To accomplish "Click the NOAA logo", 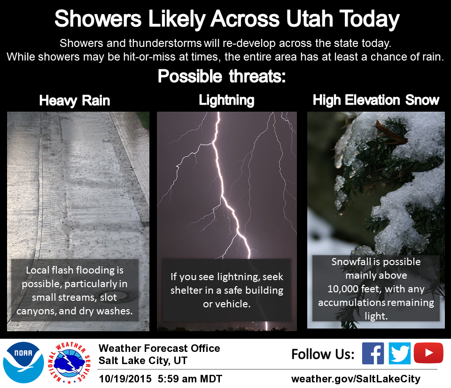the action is pos(23,363).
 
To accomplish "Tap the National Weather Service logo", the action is pos(70,363).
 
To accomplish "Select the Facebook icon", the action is pos(373,353).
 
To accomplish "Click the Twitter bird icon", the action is pos(399,353).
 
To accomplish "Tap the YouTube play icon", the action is pos(428,353).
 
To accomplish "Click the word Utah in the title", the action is pos(310,19).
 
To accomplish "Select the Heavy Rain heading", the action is pos(75,101).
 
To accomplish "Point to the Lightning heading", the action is pos(226,100).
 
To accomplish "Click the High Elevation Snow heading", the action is pos(376,100).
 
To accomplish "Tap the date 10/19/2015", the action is pos(125,379).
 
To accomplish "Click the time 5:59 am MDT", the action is pos(190,379).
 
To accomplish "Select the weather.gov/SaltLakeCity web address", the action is pos(356,379).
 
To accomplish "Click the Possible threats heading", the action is pos(222,76).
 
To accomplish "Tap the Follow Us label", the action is pos(323,354).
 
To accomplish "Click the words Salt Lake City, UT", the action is pos(143,360).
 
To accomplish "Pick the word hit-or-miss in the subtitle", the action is pos(149,57).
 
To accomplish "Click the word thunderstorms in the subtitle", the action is pos(165,43).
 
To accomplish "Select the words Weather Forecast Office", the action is pos(159,349).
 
